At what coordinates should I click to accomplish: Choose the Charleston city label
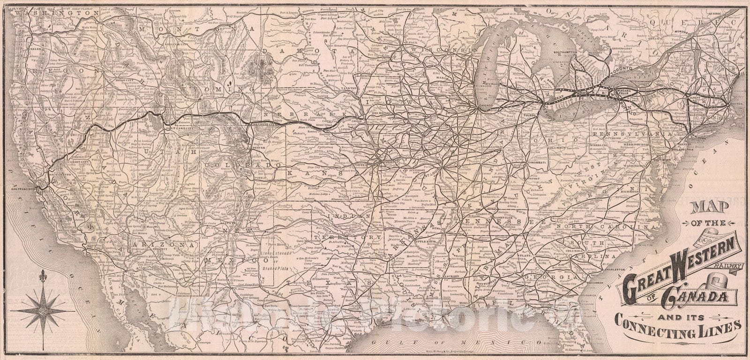click(615, 270)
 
